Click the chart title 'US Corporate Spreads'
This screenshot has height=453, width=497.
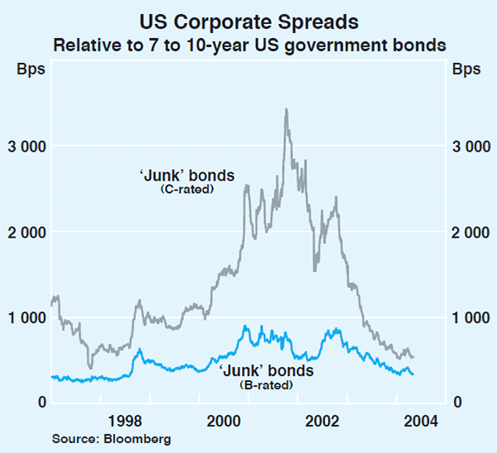click(248, 17)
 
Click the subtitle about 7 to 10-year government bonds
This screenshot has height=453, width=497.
click(248, 43)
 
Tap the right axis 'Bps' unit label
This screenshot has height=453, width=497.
click(466, 69)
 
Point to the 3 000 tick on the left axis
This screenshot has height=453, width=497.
click(27, 147)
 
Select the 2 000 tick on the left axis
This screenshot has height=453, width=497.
click(27, 232)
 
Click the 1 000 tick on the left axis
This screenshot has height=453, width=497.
click(27, 317)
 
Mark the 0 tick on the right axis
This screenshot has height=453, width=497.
click(456, 402)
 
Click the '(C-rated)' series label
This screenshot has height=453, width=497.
click(186, 190)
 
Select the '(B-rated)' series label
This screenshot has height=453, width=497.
click(267, 384)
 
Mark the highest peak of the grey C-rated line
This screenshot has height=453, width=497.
click(286, 109)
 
